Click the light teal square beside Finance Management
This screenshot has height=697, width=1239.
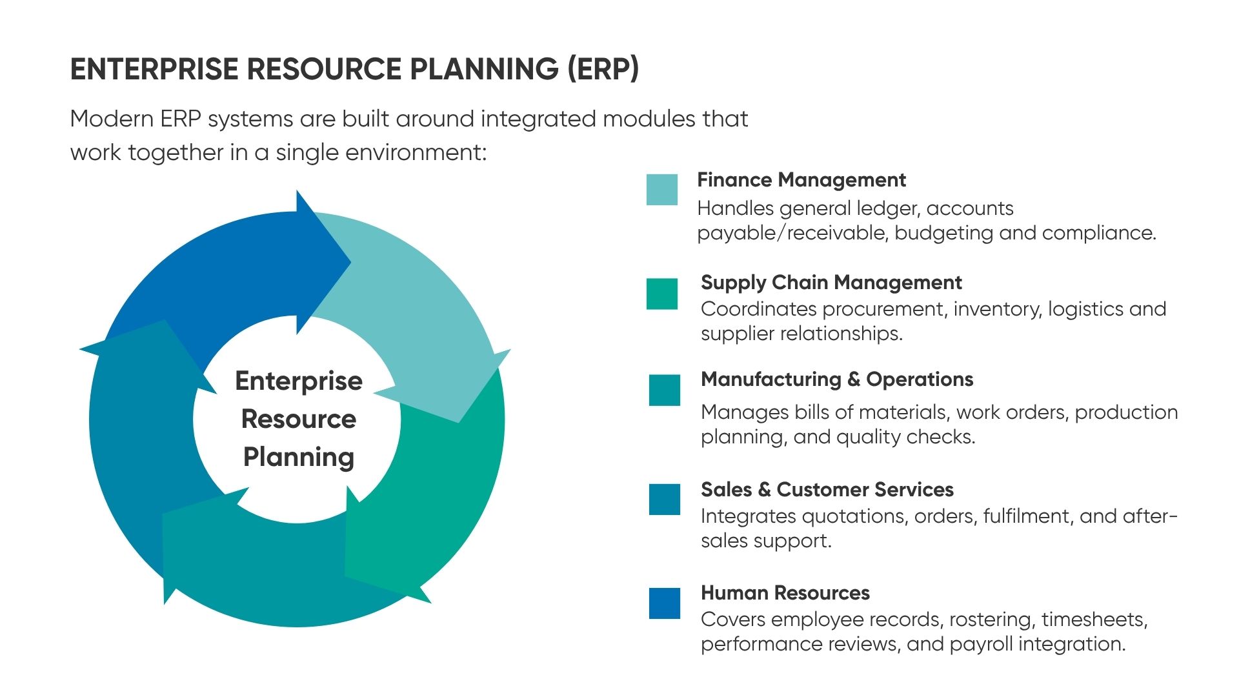(662, 190)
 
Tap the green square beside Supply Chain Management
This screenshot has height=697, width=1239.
(662, 294)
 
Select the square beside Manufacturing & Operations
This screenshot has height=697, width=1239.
(665, 390)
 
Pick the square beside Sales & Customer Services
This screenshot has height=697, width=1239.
(665, 500)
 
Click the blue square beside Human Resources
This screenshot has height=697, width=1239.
(665, 603)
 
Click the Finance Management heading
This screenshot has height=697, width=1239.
(801, 180)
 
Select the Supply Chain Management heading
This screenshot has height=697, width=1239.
(831, 283)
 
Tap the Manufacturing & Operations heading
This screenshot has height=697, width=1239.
(837, 379)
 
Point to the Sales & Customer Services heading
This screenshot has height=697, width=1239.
(827, 490)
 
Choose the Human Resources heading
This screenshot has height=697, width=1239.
(785, 593)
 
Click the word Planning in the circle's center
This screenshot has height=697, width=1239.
(299, 458)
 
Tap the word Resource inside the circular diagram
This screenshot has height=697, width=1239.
(299, 419)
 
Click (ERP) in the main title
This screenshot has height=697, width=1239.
(603, 69)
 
